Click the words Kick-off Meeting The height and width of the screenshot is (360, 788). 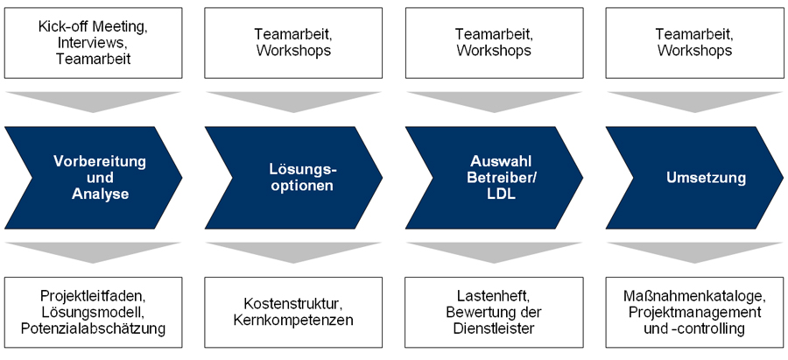(92, 26)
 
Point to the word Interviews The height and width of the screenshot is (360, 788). (91, 42)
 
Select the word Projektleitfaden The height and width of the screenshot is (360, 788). (92, 295)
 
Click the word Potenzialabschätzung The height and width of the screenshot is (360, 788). (92, 328)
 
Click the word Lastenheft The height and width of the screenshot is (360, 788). (492, 295)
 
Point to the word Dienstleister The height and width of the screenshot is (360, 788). (493, 328)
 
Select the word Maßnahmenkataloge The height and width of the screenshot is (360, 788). (693, 295)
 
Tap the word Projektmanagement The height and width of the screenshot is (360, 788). (693, 312)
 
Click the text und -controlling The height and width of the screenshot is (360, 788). (693, 328)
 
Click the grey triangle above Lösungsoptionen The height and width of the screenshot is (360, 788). (292, 98)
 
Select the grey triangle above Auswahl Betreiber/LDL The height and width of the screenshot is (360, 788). (493, 98)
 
